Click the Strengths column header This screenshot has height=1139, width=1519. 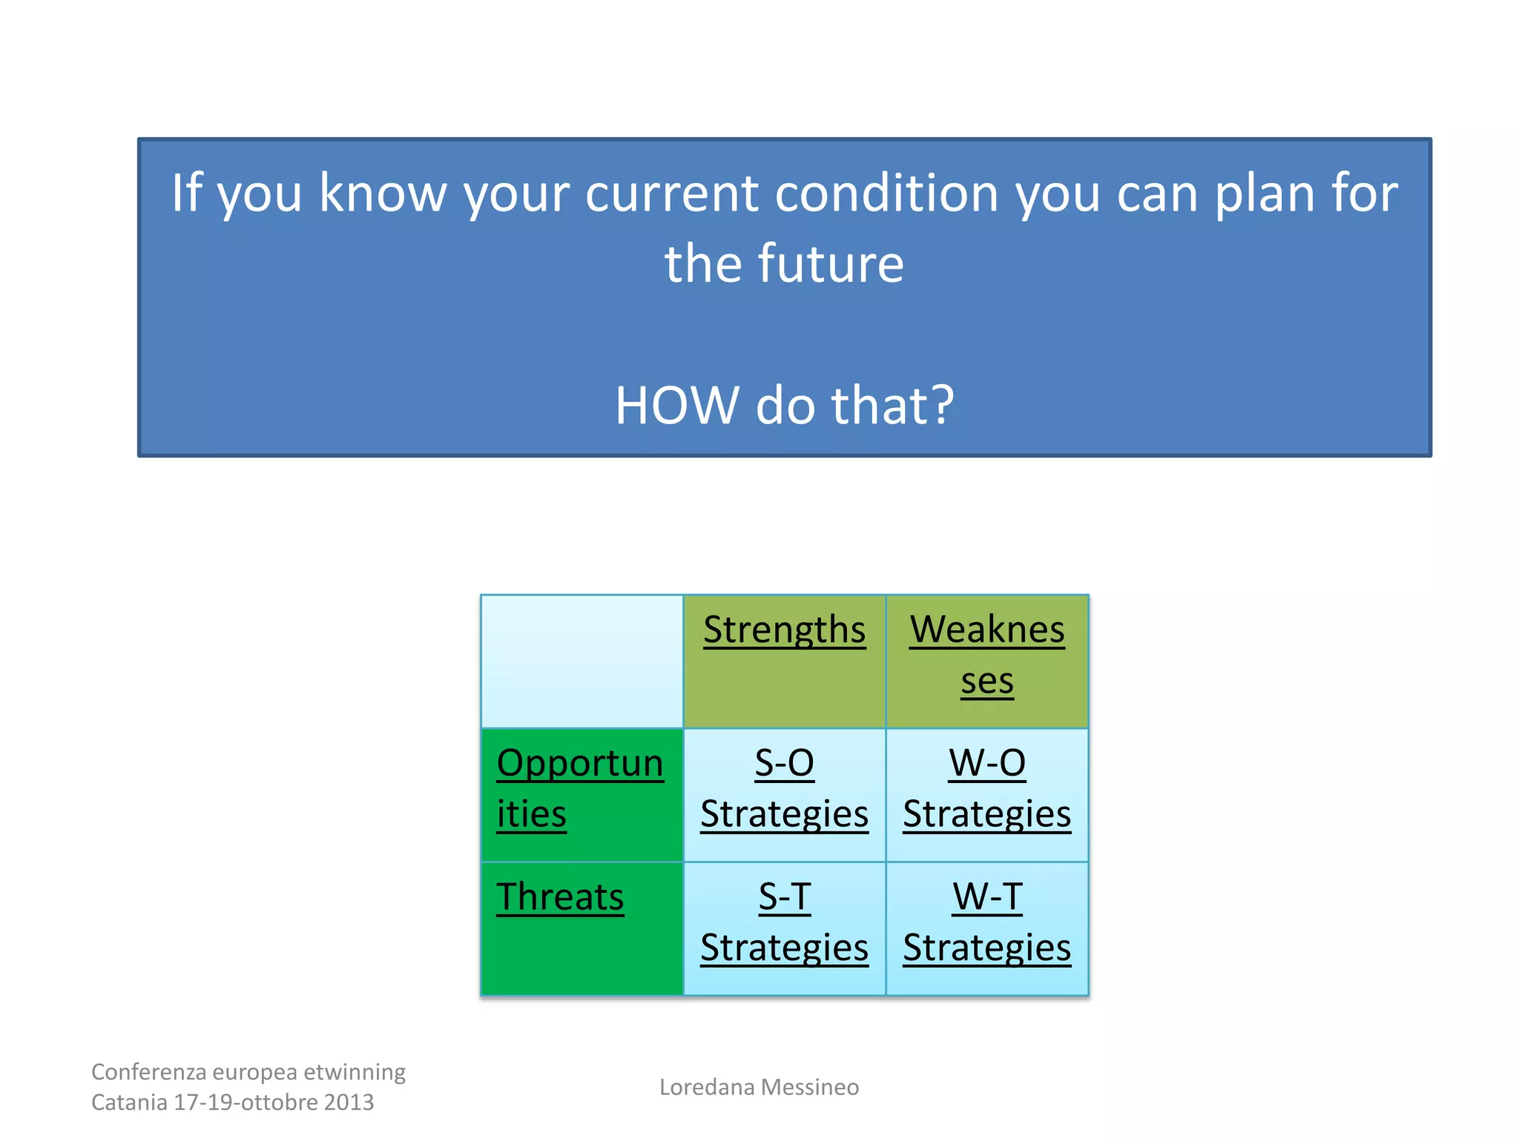point(784,630)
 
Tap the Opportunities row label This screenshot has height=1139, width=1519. point(580,788)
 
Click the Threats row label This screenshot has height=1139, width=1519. point(560,897)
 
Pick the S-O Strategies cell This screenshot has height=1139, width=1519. point(784,788)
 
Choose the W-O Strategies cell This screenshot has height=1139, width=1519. point(986,788)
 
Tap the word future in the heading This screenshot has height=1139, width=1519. point(831,264)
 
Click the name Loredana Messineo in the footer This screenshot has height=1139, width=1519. point(759,1087)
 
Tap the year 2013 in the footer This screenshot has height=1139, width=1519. point(348,1103)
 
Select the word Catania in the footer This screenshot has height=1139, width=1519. point(129,1103)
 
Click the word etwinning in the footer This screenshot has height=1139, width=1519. point(355,1072)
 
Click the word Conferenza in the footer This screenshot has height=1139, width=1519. point(148,1072)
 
